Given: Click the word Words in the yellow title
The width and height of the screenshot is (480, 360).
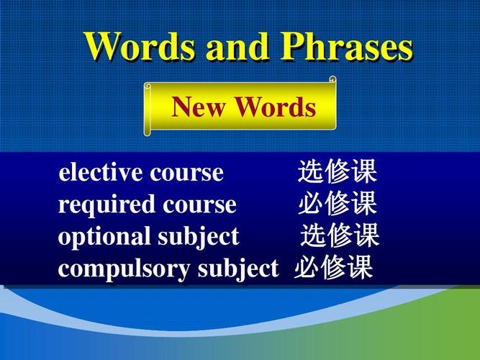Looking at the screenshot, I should [x=140, y=47].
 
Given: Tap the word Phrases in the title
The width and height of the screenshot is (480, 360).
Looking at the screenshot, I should [x=348, y=47].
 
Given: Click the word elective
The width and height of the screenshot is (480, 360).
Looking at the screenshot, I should [x=101, y=173].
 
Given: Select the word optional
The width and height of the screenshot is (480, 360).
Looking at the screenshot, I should [x=104, y=236].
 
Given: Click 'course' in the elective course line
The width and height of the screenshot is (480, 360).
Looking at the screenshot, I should [x=187, y=173].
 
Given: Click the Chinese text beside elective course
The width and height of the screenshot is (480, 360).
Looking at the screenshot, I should [x=338, y=173].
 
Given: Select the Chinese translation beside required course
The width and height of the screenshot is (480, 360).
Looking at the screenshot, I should [x=338, y=204].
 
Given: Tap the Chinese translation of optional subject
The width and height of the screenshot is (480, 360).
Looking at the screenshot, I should [x=340, y=236].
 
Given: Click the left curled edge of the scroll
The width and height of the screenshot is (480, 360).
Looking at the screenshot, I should [x=148, y=109].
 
